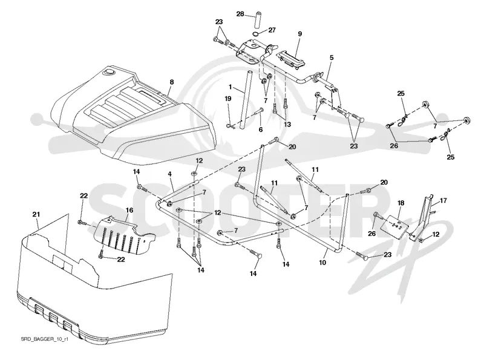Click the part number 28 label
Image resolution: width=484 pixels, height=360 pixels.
click(x=240, y=14)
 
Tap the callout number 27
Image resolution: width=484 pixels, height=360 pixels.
click(x=272, y=30)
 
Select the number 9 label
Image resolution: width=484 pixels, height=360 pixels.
click(x=299, y=34)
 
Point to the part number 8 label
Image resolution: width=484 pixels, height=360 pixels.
click(x=172, y=82)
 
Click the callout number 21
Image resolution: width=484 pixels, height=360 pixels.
click(x=36, y=214)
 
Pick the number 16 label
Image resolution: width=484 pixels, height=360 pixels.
click(x=129, y=211)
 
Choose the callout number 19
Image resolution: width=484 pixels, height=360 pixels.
click(x=228, y=99)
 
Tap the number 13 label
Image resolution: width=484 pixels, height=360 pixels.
click(x=287, y=125)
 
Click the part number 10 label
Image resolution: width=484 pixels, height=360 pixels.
click(x=322, y=263)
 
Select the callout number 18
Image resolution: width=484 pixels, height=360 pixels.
click(x=401, y=203)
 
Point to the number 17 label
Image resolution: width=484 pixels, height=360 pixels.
click(x=443, y=201)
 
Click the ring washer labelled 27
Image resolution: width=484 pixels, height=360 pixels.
click(x=256, y=34)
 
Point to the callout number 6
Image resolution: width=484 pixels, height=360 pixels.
click(x=261, y=129)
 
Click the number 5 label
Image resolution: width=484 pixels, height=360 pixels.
click(x=332, y=57)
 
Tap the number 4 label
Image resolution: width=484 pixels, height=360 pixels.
click(x=170, y=174)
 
